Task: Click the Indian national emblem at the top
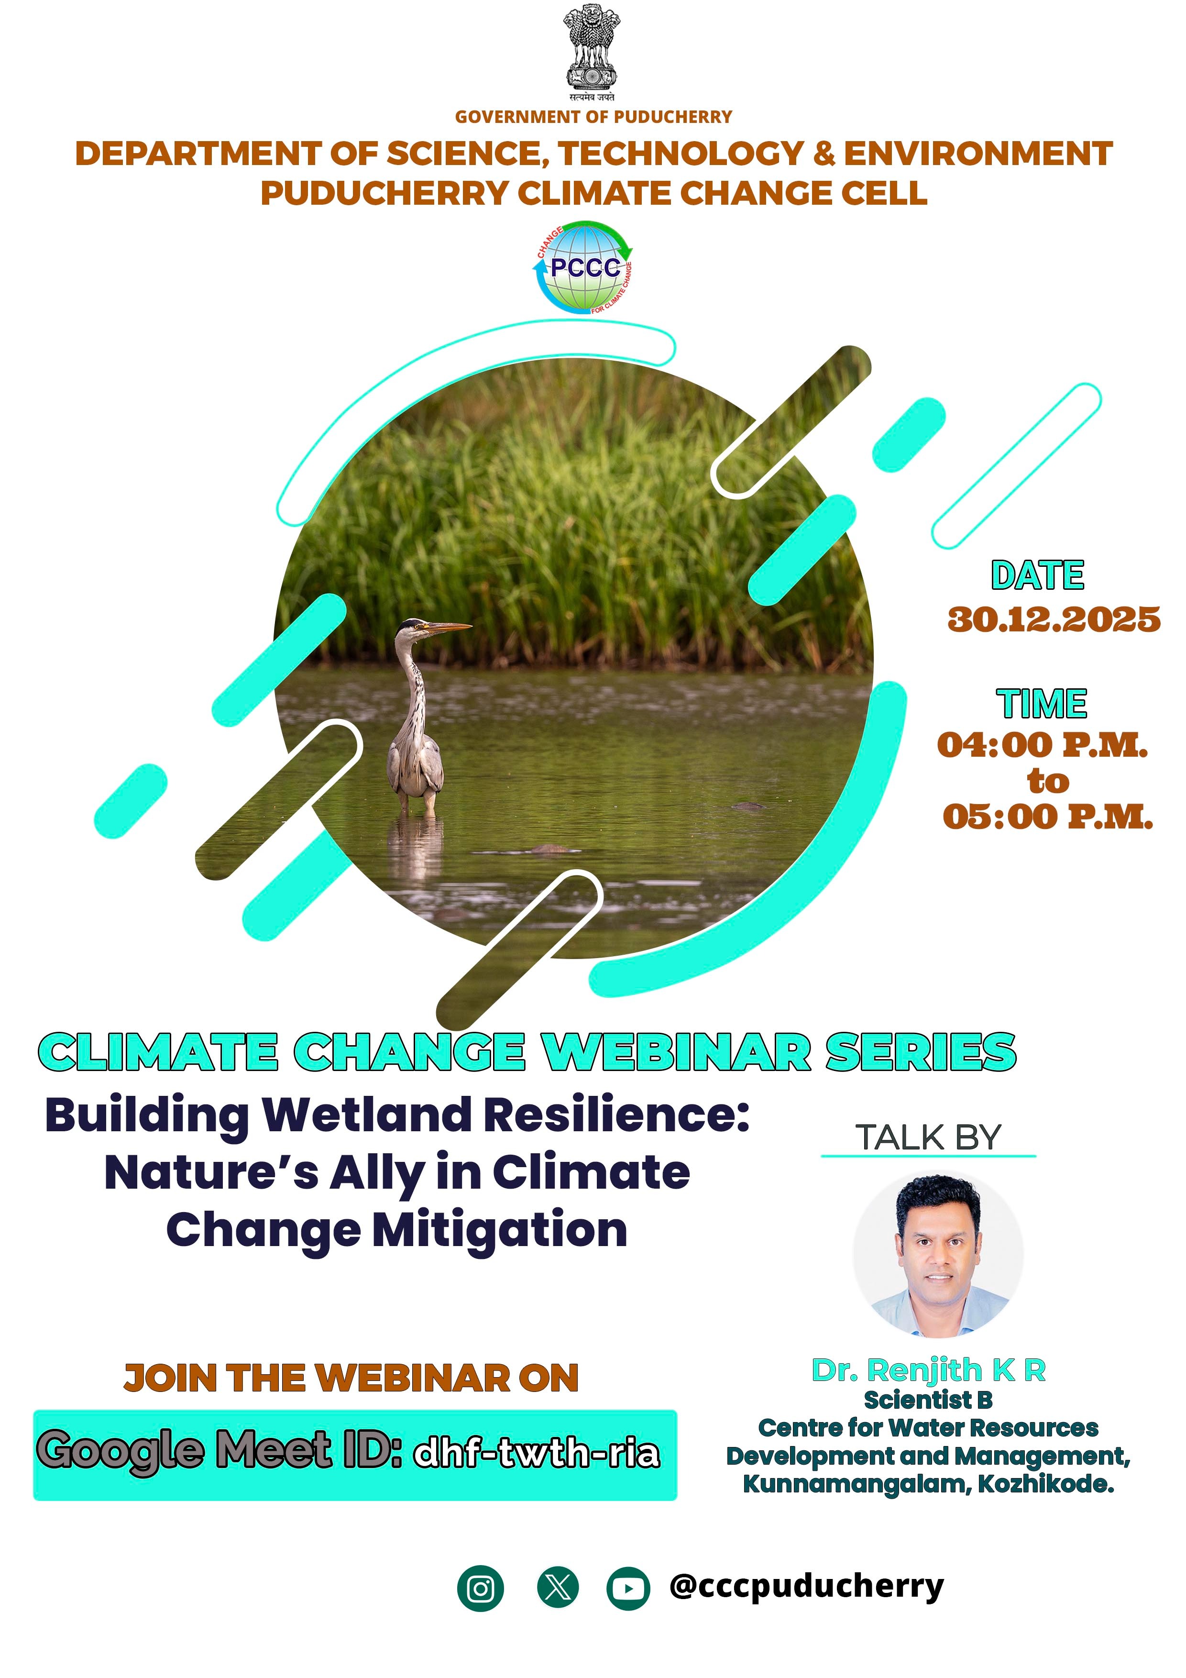(x=593, y=53)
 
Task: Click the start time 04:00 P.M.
(x=1043, y=745)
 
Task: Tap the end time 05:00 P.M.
(x=1048, y=817)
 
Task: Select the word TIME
(x=1042, y=704)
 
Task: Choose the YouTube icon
(x=628, y=1589)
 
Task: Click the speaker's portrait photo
(x=938, y=1254)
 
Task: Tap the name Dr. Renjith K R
(x=929, y=1371)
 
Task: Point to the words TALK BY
(x=928, y=1138)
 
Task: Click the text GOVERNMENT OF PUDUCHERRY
(x=593, y=117)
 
